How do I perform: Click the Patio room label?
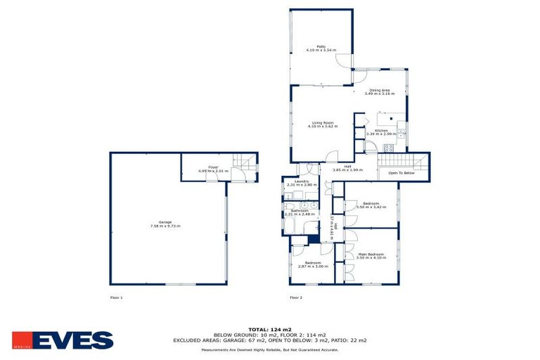(x=321, y=49)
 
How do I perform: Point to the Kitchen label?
(x=381, y=130)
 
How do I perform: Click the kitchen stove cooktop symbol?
(x=388, y=148)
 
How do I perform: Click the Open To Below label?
(x=401, y=172)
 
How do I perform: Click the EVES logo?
(x=63, y=340)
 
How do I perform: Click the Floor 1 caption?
(x=117, y=297)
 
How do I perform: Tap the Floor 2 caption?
(x=296, y=297)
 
